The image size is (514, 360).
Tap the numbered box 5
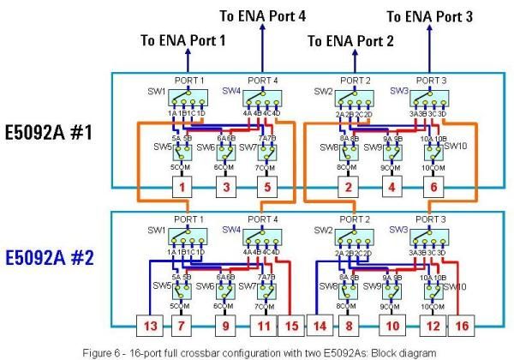click(266, 186)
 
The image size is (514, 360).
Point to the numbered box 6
click(433, 186)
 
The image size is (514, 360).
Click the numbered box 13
click(149, 326)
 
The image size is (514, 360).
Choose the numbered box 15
click(291, 326)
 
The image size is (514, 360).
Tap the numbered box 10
click(392, 326)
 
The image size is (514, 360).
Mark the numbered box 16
click(461, 326)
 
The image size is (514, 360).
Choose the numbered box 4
click(392, 186)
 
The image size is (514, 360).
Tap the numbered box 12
click(433, 326)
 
